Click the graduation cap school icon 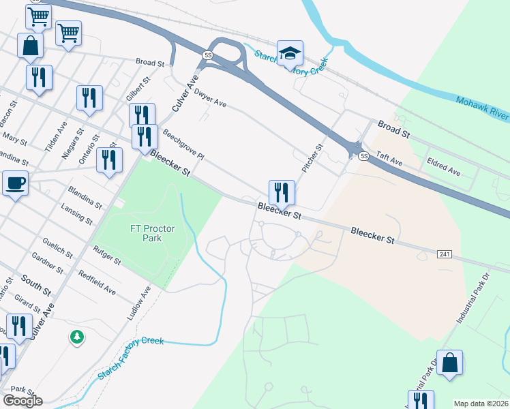[290, 52]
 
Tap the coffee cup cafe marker [15, 183]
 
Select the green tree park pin [78, 336]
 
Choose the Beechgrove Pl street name [183, 145]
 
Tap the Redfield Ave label [97, 282]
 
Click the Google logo [22, 401]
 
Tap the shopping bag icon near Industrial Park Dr [450, 363]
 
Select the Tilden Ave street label [54, 137]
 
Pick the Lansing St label [76, 213]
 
